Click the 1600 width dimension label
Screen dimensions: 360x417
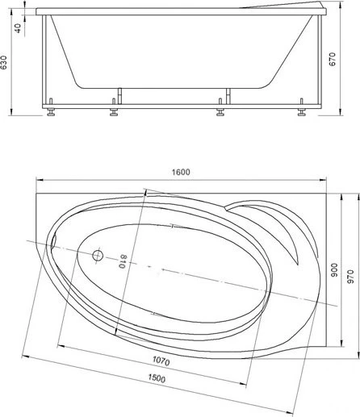click(x=181, y=172)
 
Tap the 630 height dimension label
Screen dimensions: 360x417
click(x=3, y=62)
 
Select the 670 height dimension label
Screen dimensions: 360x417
click(x=333, y=59)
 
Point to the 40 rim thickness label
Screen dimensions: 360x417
click(x=17, y=28)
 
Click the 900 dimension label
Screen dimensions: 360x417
click(x=333, y=270)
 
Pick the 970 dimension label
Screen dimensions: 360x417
click(x=350, y=277)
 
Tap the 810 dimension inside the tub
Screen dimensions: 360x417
click(x=123, y=261)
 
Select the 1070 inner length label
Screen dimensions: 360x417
click(x=161, y=361)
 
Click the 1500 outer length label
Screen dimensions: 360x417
click(x=157, y=378)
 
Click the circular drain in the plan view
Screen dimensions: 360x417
click(x=98, y=255)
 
